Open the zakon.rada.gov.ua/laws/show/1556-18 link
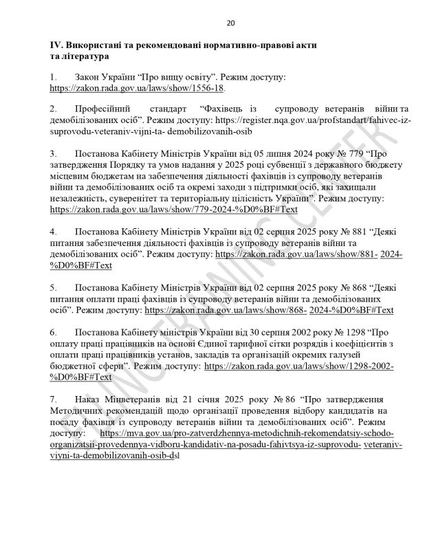click(x=138, y=89)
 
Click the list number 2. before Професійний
click(x=54, y=109)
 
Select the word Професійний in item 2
click(x=105, y=109)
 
